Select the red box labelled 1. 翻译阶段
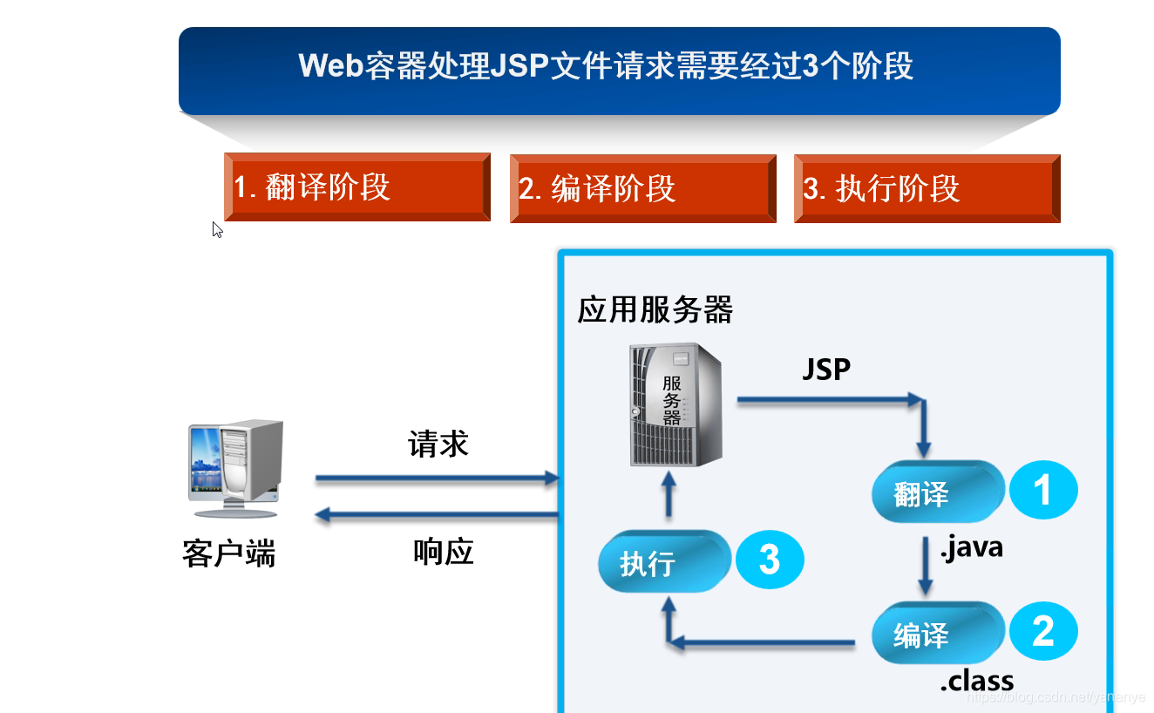tap(357, 187)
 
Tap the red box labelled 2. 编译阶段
tap(642, 188)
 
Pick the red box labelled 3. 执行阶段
tap(927, 188)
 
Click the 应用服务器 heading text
tap(655, 309)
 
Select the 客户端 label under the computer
tap(228, 553)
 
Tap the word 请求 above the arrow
tap(438, 444)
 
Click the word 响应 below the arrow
tap(443, 551)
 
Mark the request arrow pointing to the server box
tap(436, 479)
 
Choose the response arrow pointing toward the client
tap(436, 516)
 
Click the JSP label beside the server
tap(825, 370)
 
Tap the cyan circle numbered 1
tap(1042, 491)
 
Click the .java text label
tap(971, 547)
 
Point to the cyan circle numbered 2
tap(1042, 631)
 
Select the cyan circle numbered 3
tap(769, 560)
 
